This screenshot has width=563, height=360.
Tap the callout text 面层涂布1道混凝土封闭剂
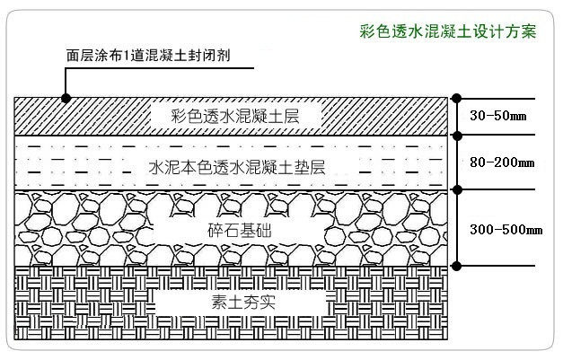pos(148,55)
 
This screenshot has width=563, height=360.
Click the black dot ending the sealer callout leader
pos(64,96)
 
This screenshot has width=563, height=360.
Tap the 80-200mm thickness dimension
pos(502,162)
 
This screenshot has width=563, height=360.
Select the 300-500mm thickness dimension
pos(506,229)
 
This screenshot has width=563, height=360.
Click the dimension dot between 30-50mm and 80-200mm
pos(457,136)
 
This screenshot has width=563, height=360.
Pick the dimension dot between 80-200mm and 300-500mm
pos(457,189)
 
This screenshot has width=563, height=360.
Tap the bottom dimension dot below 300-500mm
pos(457,265)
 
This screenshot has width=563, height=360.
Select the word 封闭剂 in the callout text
pos(211,55)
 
